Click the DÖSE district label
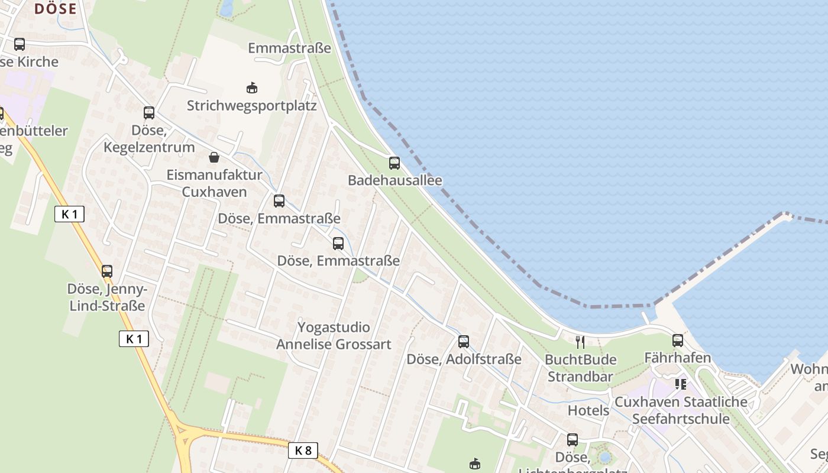click(56, 9)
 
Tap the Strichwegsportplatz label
click(252, 106)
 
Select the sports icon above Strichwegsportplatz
click(252, 88)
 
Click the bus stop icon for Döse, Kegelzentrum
click(149, 112)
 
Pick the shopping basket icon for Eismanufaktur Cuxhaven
click(214, 157)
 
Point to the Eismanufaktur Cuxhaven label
click(214, 183)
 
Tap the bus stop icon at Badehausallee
click(394, 163)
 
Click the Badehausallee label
click(394, 180)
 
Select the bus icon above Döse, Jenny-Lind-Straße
click(107, 271)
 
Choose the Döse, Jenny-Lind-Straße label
click(107, 297)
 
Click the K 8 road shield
click(303, 451)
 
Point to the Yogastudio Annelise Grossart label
click(334, 336)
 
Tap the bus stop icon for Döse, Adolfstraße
click(464, 341)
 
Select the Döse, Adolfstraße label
click(464, 359)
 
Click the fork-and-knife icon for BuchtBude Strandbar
click(580, 342)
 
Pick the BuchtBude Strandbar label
click(580, 368)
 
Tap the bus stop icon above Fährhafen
click(678, 341)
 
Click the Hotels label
click(588, 410)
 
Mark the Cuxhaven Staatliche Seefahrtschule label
click(681, 410)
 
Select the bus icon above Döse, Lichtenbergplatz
click(573, 440)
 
